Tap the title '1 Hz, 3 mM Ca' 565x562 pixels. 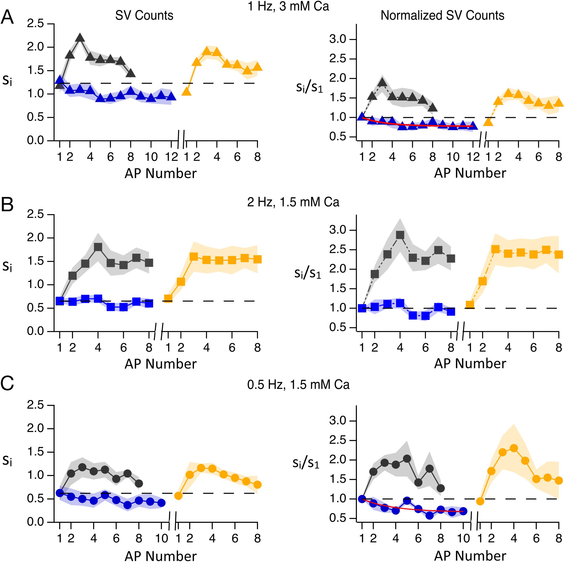(x=288, y=6)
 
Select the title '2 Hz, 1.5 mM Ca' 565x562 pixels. (x=293, y=202)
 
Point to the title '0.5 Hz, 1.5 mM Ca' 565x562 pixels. (x=298, y=384)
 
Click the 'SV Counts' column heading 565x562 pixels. (x=144, y=15)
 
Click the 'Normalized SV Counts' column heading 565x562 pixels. (x=442, y=15)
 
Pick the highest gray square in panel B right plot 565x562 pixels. (x=400, y=235)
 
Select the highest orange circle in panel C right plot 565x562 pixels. (x=514, y=448)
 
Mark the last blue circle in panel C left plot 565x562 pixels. (x=162, y=503)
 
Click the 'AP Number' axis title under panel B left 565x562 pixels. (x=160, y=364)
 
